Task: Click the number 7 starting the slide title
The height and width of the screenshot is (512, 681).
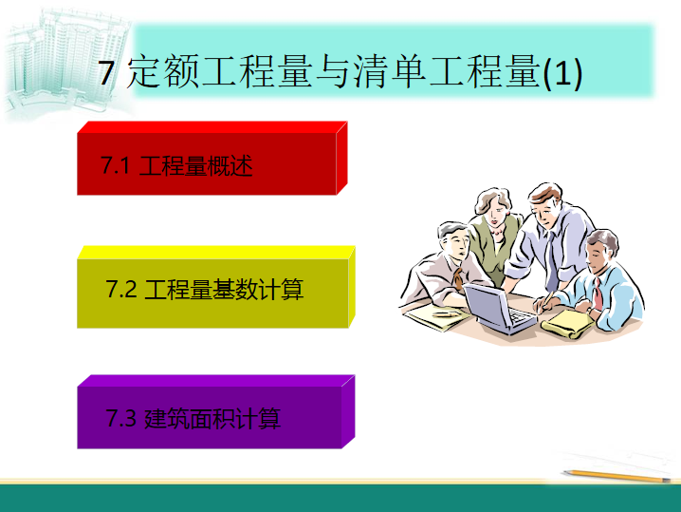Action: point(106,72)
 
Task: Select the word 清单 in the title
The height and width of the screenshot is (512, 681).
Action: point(389,71)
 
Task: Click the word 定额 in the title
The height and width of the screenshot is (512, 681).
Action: point(162,71)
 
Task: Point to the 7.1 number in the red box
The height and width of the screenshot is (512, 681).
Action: point(116,165)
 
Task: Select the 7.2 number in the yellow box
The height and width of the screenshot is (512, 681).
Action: point(121,289)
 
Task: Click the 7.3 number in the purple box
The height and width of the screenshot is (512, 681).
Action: point(121,419)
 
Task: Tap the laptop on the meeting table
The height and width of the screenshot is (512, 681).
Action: point(500,309)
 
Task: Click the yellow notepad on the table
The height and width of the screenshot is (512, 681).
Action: point(568,324)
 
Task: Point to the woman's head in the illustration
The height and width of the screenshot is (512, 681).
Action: point(494,207)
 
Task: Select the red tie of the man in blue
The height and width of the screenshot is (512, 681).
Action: point(598,294)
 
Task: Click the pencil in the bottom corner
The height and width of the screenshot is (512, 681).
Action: point(617,476)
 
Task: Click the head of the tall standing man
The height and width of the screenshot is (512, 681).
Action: point(546,203)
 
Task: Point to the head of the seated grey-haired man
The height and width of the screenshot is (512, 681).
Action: point(454,240)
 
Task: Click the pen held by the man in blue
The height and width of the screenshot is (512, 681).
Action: point(546,301)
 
